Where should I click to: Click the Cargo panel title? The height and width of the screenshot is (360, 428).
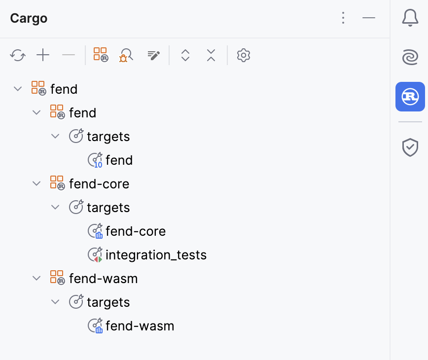[x=29, y=19]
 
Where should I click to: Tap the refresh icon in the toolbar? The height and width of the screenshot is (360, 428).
[x=18, y=55]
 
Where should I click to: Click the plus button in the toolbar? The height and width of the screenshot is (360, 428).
[x=43, y=55]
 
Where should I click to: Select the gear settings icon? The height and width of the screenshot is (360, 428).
[x=244, y=55]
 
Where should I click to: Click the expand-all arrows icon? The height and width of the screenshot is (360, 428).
[x=185, y=55]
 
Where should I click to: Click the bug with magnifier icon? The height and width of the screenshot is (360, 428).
[x=127, y=55]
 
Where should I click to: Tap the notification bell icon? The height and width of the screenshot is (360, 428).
[x=410, y=18]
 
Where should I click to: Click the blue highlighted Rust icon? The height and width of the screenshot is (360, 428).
[x=410, y=97]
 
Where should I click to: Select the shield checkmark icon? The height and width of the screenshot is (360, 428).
[x=410, y=147]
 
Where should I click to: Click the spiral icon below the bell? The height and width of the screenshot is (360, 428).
[x=410, y=58]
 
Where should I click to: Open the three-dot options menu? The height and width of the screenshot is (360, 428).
[x=343, y=18]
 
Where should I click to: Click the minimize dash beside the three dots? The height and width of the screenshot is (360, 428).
[x=369, y=18]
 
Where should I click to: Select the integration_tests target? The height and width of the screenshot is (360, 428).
[x=155, y=255]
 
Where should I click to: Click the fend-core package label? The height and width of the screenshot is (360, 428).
[x=99, y=184]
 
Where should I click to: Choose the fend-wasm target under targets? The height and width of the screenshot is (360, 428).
[x=140, y=326]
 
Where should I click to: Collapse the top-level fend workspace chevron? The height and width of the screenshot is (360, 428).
[x=18, y=89]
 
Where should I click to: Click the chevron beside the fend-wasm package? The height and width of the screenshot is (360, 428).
[x=36, y=279]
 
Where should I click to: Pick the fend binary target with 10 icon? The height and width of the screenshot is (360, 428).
[x=119, y=160]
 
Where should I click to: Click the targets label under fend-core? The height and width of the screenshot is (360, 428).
[x=108, y=208]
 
